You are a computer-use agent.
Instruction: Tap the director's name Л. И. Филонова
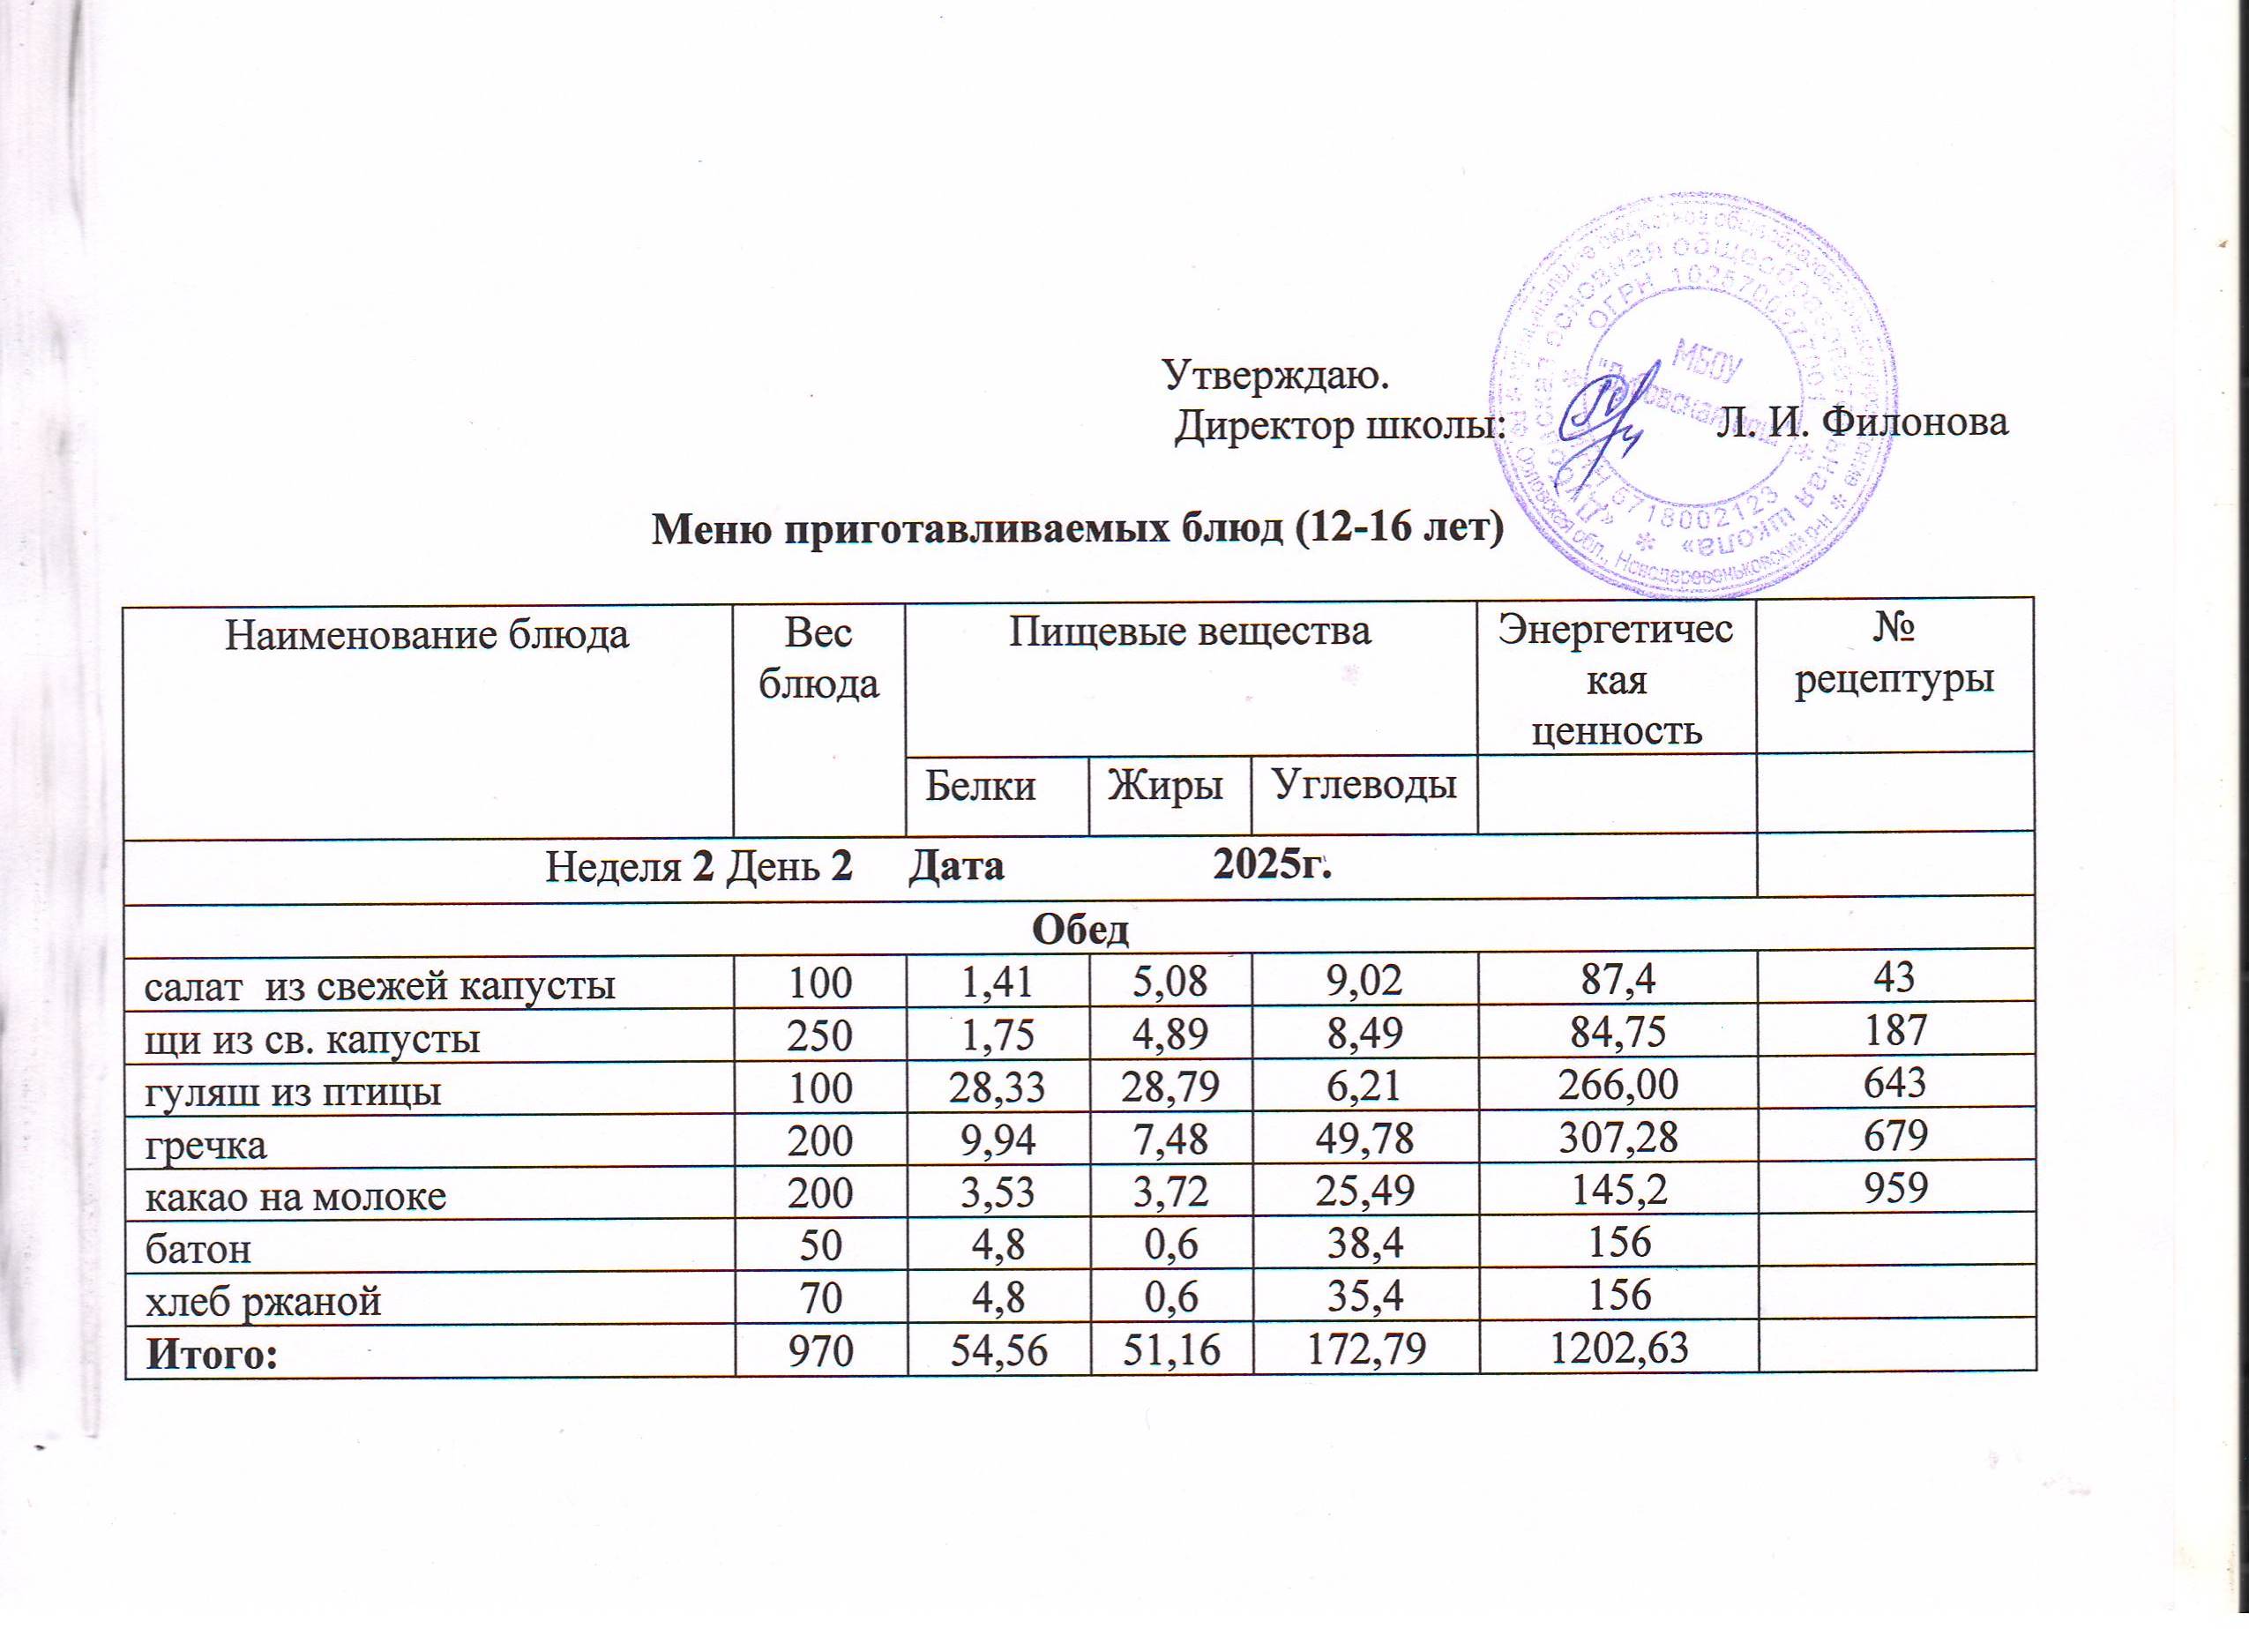[x=1864, y=422]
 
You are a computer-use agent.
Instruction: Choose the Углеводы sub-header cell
[x=1364, y=785]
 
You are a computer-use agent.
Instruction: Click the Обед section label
[x=1081, y=929]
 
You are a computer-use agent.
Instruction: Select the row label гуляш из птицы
[x=294, y=1092]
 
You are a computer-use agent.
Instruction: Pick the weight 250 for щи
[x=819, y=1037]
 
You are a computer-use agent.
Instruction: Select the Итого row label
[x=211, y=1353]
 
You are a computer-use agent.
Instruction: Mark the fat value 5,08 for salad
[x=1169, y=983]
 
